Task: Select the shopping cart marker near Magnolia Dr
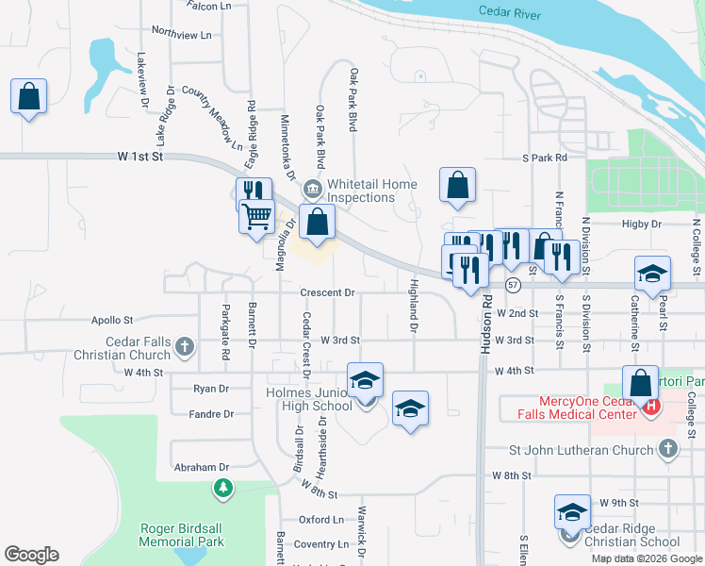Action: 257,218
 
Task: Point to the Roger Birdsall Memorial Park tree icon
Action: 222,489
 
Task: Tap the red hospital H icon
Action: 650,406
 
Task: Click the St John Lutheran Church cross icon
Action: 668,449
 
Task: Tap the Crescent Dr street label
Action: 327,293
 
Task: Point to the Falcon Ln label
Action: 209,6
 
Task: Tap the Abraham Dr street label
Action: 202,467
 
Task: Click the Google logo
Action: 31,555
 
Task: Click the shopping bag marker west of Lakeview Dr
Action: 29,96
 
